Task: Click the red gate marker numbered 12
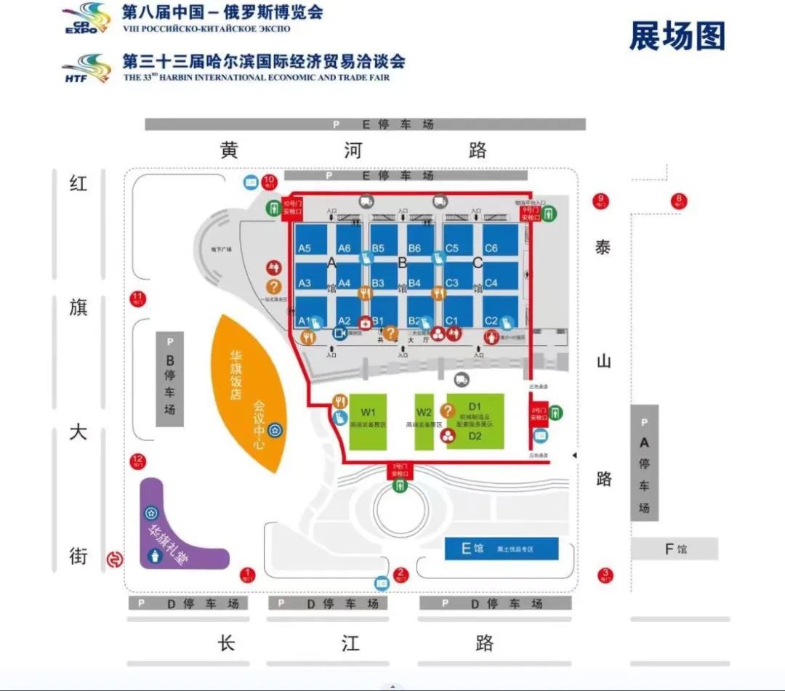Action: point(137,461)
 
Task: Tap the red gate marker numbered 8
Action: point(680,201)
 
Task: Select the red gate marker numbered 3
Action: point(605,575)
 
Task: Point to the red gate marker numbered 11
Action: point(137,298)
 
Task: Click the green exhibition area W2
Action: point(424,422)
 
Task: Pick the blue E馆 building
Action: point(501,549)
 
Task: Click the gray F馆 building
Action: point(674,549)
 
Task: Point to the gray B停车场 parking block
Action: point(170,379)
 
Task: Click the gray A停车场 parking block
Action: point(644,463)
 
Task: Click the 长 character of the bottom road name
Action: point(227,642)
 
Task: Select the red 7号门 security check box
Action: point(399,469)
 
